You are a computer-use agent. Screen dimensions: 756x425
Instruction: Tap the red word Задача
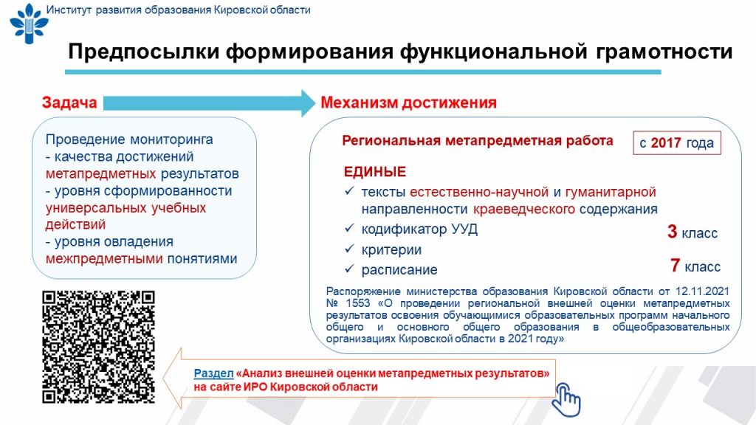69,103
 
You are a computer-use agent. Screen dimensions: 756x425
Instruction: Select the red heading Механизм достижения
408,103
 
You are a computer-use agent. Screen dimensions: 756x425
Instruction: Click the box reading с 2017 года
676,143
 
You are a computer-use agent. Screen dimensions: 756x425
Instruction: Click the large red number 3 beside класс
672,232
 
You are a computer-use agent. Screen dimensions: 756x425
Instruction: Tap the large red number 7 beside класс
675,265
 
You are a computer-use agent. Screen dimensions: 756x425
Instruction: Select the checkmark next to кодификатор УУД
349,228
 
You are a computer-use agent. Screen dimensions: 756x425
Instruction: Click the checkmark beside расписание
349,269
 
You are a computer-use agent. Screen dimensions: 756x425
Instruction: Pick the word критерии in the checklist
391,249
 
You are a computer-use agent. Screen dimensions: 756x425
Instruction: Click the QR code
98,347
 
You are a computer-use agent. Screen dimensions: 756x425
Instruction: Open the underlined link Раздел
213,373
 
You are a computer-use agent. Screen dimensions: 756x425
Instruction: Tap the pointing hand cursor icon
566,399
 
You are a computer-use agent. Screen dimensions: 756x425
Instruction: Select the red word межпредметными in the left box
104,259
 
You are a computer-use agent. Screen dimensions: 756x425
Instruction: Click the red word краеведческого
524,210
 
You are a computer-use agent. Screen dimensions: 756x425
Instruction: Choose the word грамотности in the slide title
664,52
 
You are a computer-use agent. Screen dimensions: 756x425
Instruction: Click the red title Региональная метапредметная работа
478,141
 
